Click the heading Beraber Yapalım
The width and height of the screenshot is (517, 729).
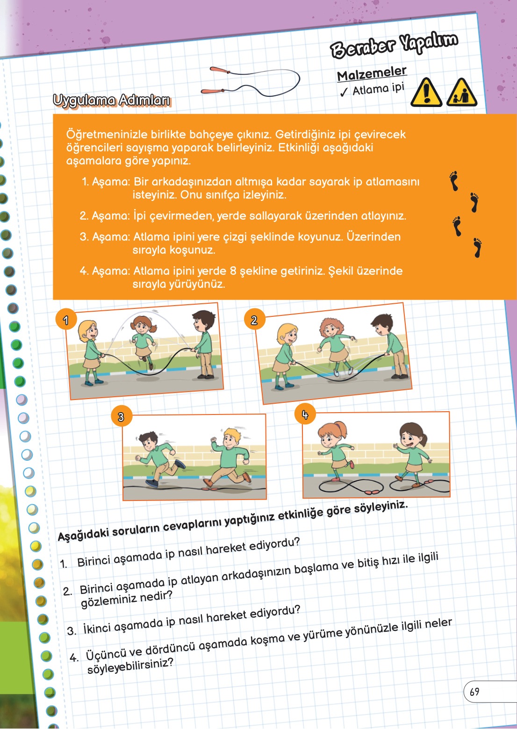(394, 45)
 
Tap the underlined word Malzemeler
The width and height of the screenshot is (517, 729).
(372, 74)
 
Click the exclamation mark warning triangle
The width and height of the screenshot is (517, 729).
(426, 93)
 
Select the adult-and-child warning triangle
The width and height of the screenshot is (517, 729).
(461, 93)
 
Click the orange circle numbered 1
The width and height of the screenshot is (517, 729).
(66, 320)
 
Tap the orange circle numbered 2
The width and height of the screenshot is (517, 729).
(254, 320)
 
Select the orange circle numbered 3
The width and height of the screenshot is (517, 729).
(121, 416)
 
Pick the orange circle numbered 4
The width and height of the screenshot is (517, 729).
(305, 415)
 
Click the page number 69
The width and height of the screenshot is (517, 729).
(474, 692)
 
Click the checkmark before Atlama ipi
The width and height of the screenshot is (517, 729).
(344, 92)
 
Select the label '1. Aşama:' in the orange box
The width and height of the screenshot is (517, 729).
(106, 182)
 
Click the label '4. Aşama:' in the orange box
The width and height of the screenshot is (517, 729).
(105, 271)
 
